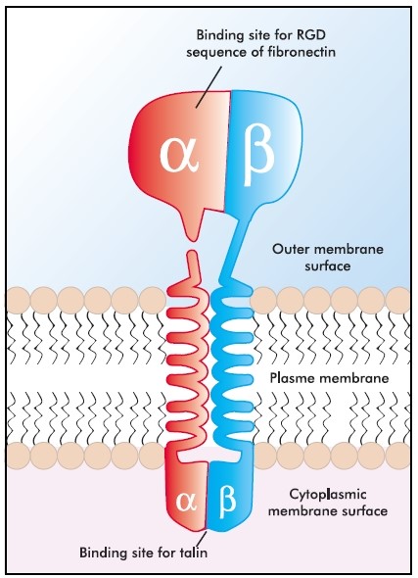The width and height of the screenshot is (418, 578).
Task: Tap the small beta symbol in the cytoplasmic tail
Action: click(225, 501)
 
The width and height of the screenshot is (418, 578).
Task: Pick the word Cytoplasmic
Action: click(327, 494)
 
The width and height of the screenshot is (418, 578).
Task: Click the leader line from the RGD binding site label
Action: click(209, 87)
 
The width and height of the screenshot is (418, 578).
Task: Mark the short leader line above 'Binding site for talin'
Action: click(202, 537)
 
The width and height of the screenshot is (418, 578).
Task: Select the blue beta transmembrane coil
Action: click(233, 364)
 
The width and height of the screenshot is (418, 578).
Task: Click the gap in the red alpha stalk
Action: click(193, 245)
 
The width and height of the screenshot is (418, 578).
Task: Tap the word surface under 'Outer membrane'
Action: click(327, 265)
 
